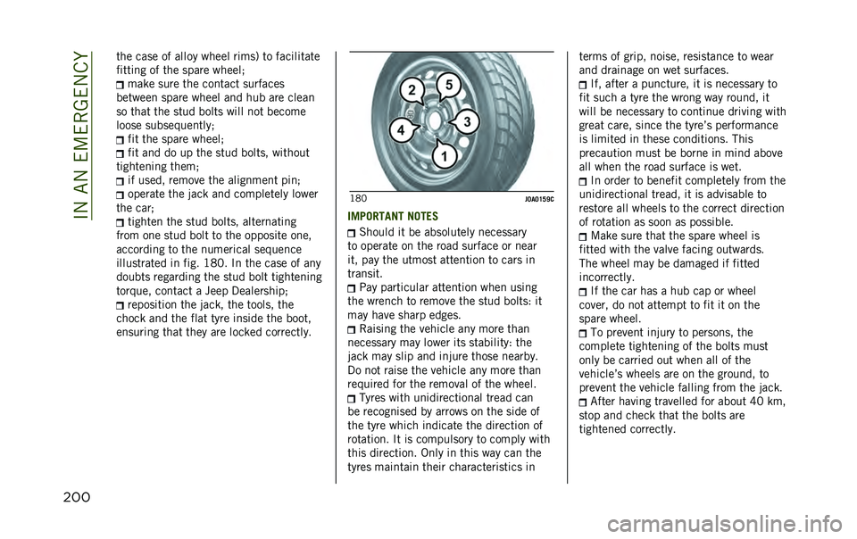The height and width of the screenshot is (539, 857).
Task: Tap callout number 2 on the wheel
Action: tap(412, 91)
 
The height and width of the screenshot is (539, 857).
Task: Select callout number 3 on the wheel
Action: tap(467, 120)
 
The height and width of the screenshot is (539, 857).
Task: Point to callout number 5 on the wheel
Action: tap(449, 85)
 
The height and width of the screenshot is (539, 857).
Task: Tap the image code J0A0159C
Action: tap(539, 198)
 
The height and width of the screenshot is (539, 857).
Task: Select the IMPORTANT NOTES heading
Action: tap(387, 216)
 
